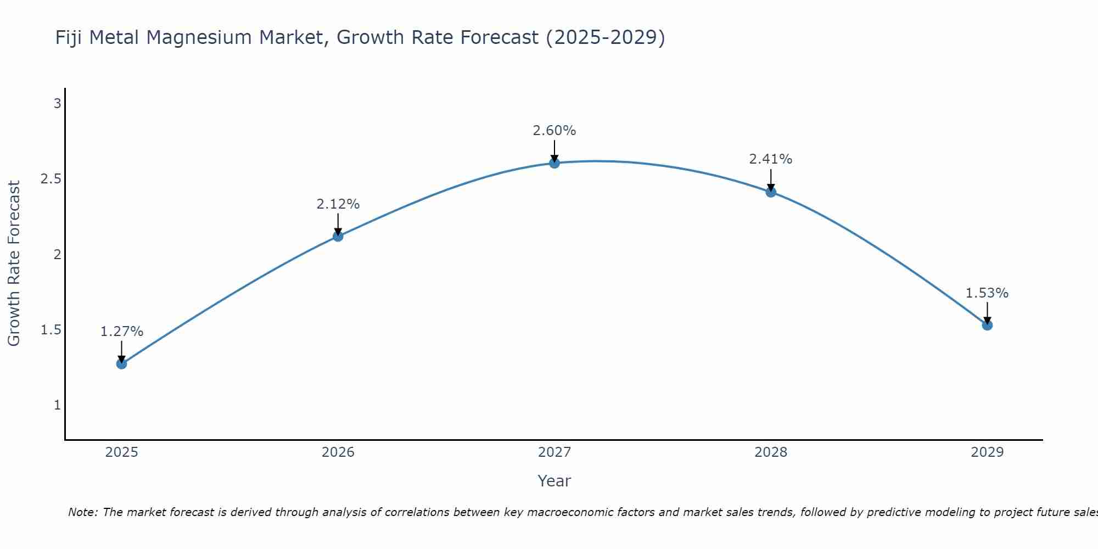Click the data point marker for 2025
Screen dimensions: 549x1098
(x=122, y=363)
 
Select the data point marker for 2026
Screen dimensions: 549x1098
(x=338, y=236)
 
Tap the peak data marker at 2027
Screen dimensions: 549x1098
(x=554, y=163)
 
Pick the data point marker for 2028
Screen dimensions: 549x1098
(x=771, y=192)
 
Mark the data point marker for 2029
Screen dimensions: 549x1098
(x=987, y=325)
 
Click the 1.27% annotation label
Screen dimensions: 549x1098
(x=122, y=332)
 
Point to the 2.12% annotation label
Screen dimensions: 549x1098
(x=338, y=204)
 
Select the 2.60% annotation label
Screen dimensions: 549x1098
(x=554, y=131)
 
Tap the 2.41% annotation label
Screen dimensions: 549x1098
(x=771, y=159)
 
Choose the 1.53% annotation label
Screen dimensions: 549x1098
(x=987, y=293)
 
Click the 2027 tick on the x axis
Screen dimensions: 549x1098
(x=554, y=452)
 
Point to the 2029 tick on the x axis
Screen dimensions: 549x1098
(x=987, y=452)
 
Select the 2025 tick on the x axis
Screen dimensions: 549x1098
(x=122, y=452)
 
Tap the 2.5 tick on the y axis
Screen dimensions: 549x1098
(x=51, y=179)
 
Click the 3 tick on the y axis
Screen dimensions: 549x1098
(x=57, y=103)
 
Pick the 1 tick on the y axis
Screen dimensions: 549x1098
(x=57, y=405)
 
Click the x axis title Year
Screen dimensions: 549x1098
(x=554, y=481)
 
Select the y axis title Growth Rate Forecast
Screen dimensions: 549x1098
(x=14, y=263)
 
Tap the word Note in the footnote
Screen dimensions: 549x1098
(x=82, y=512)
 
